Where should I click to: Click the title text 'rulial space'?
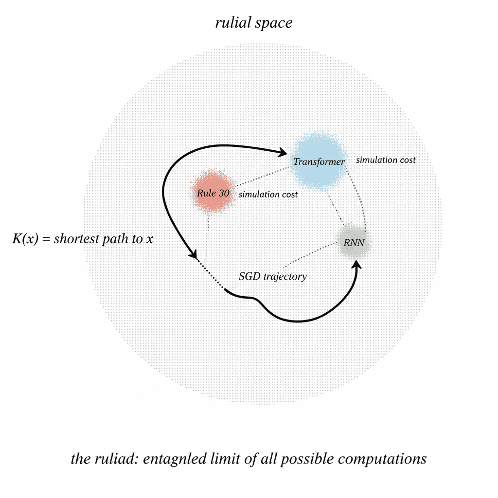254,23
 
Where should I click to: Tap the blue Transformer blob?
319,160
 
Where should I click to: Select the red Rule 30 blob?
213,193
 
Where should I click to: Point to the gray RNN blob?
354,242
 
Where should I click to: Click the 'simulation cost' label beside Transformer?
386,160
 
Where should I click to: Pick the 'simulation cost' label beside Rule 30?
267,194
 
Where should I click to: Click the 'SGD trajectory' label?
272,277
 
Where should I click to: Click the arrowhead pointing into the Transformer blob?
283,153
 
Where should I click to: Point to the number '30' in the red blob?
224,193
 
